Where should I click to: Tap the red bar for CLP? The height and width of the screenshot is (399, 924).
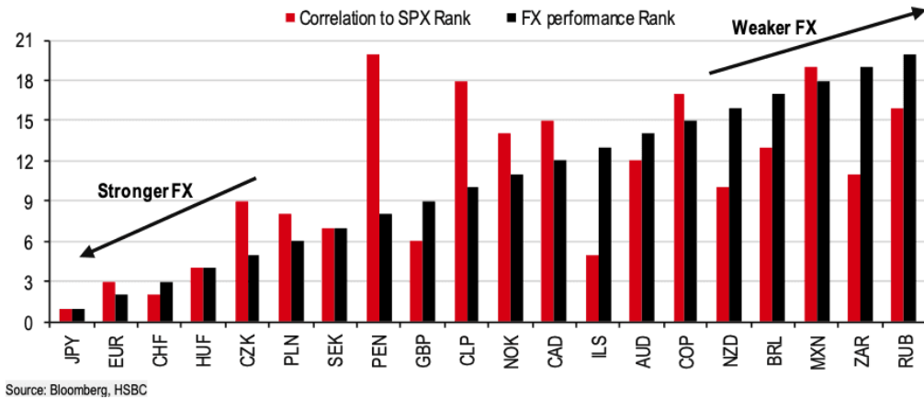(x=461, y=201)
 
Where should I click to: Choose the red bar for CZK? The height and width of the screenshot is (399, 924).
(x=242, y=262)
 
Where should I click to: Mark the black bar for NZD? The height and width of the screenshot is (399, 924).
(x=735, y=215)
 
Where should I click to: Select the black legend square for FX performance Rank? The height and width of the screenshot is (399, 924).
(x=512, y=17)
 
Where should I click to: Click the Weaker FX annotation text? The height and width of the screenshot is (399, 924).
(x=774, y=28)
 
